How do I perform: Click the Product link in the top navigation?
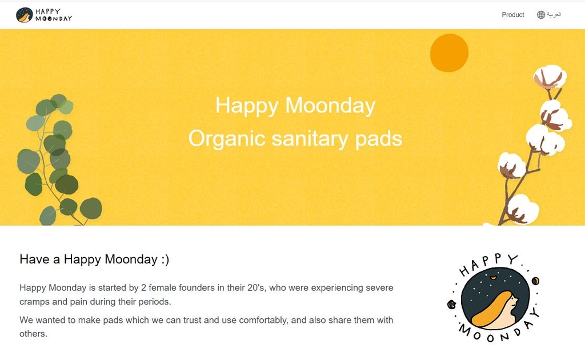[512, 14]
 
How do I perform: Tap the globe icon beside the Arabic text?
[541, 14]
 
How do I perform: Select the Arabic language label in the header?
[554, 14]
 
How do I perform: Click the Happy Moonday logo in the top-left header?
[44, 15]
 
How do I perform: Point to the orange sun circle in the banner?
[449, 53]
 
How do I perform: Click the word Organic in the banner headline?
[227, 139]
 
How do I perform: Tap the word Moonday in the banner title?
[330, 106]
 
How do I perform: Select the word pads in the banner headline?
[378, 139]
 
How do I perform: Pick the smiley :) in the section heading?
[165, 259]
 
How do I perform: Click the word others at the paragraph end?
[33, 334]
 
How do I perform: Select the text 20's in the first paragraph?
[256, 287]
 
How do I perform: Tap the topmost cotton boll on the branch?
[550, 77]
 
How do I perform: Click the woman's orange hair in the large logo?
[490, 309]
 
